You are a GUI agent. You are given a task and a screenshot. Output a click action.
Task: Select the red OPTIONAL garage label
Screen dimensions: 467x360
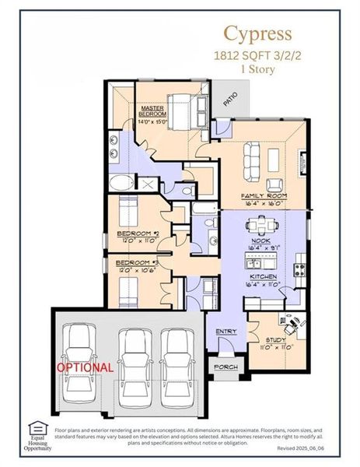point(85,367)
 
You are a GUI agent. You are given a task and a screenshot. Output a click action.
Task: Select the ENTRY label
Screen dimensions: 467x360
point(226,332)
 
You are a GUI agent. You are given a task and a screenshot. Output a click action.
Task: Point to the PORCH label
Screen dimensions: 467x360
point(226,367)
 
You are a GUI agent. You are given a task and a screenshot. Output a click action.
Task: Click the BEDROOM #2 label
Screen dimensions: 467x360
point(138,233)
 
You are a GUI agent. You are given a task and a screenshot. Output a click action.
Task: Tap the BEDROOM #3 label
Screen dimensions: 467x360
point(138,263)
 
